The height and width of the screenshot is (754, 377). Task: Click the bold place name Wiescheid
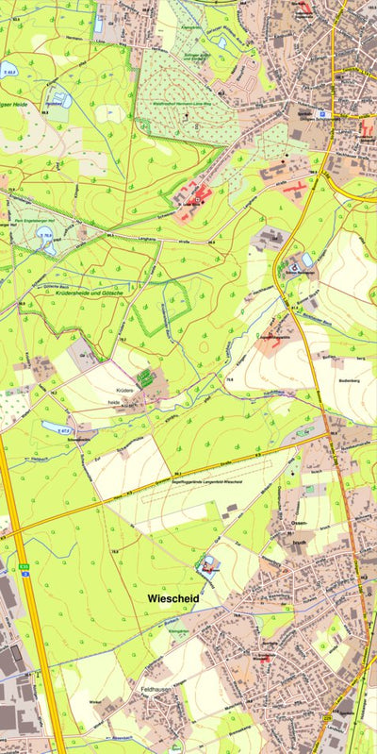178,597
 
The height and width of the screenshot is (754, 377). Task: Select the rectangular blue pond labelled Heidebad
59,96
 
